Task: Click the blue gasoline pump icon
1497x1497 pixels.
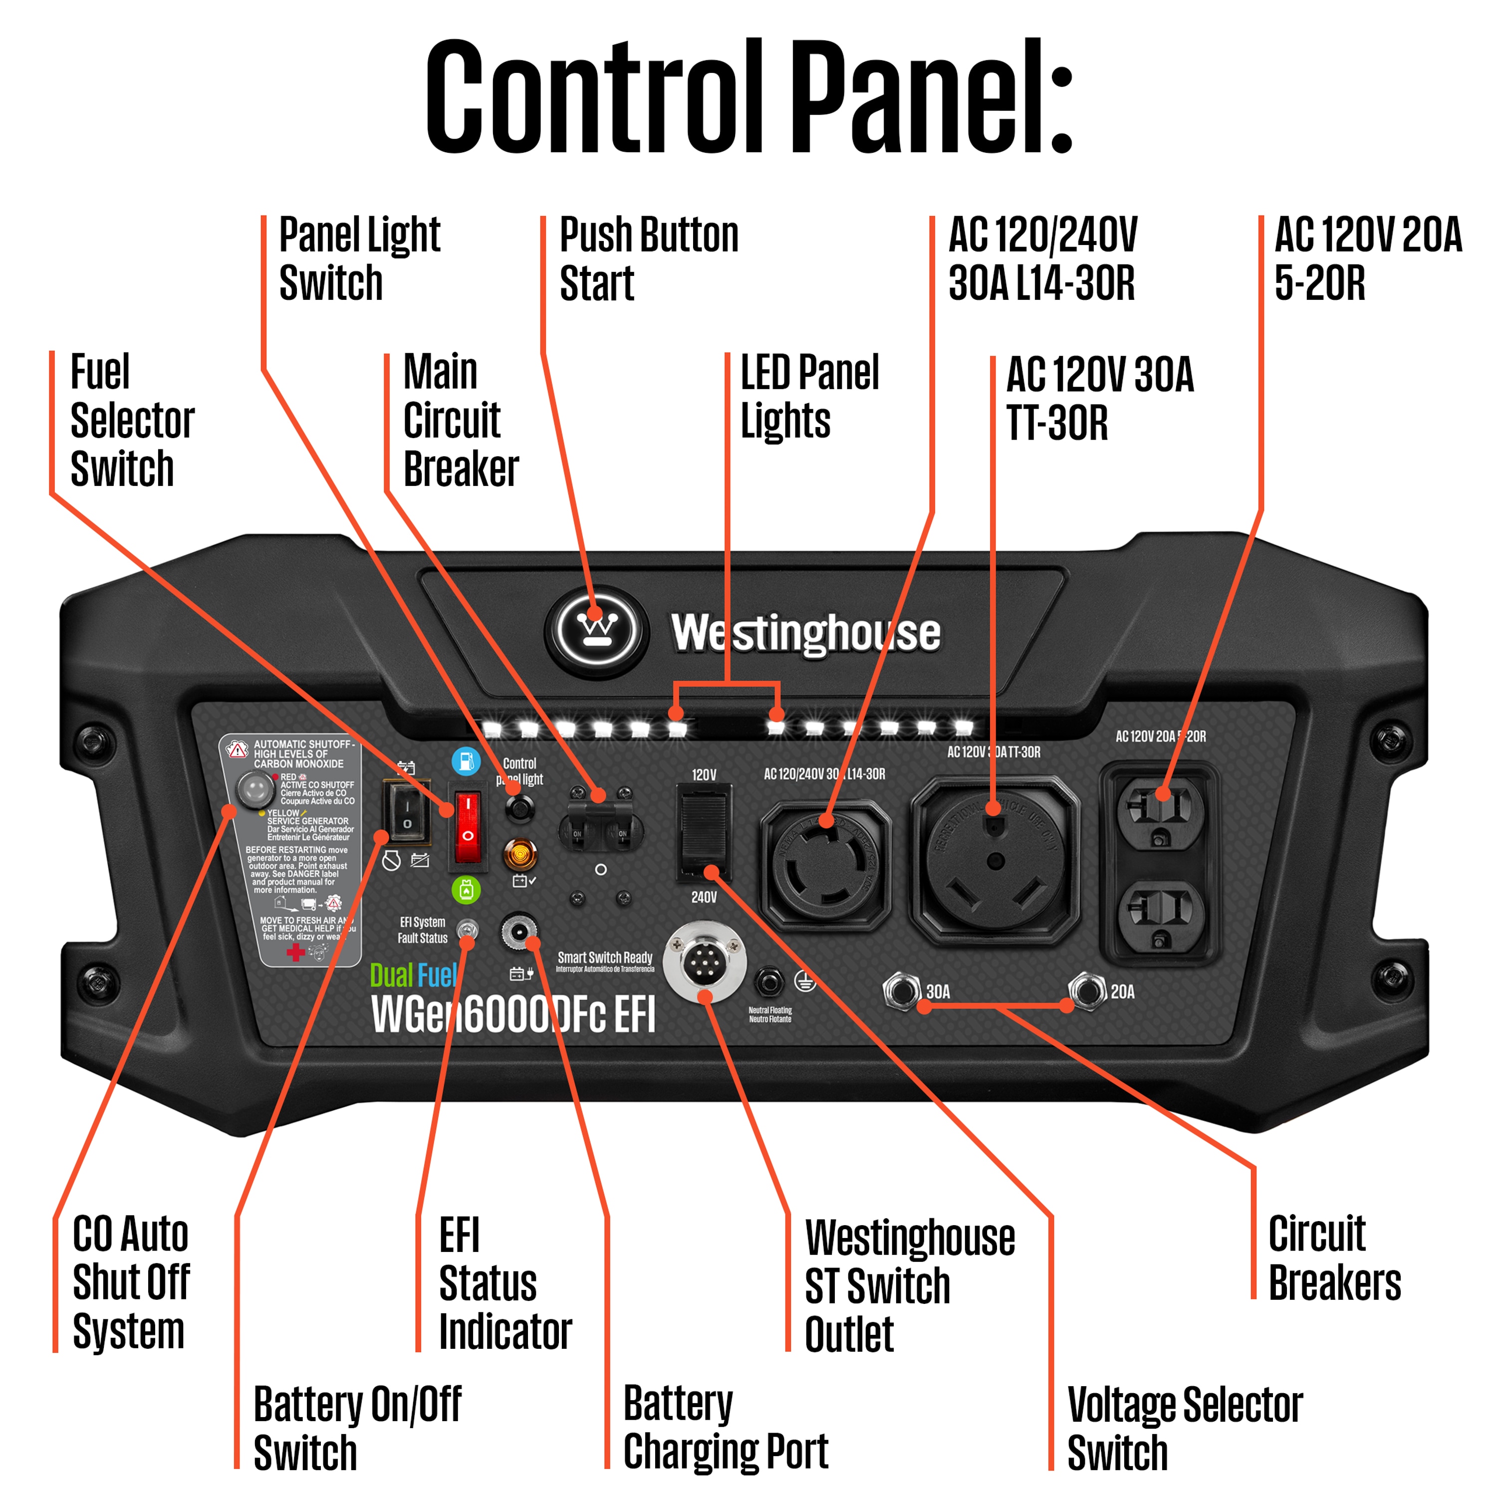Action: pyautogui.click(x=466, y=761)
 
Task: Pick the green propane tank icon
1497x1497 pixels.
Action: pyautogui.click(x=466, y=890)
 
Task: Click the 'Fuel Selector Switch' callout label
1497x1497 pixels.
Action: pyautogui.click(x=132, y=420)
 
